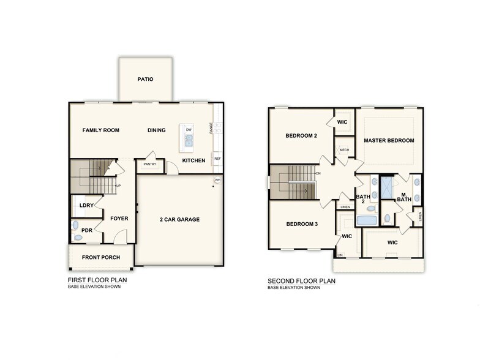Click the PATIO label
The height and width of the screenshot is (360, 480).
pyautogui.click(x=145, y=80)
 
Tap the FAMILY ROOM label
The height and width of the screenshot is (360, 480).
pyautogui.click(x=101, y=130)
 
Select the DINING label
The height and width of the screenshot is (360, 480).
pyautogui.click(x=157, y=130)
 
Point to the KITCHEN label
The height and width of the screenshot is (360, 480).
pyautogui.click(x=193, y=160)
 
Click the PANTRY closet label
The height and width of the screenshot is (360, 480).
pyautogui.click(x=150, y=164)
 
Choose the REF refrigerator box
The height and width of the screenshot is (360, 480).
pyautogui.click(x=217, y=159)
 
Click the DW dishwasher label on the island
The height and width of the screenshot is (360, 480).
pyautogui.click(x=189, y=130)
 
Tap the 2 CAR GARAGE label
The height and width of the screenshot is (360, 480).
pyautogui.click(x=180, y=219)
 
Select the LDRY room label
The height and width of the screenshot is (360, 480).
pyautogui.click(x=86, y=205)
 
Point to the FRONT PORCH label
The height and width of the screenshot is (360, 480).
pyautogui.click(x=101, y=257)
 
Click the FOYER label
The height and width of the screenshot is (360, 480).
pyautogui.click(x=119, y=218)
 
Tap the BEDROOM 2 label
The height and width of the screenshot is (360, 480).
pyautogui.click(x=301, y=135)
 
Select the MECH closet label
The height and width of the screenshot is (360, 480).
pyautogui.click(x=344, y=149)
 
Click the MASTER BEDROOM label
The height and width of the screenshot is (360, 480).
pyautogui.click(x=389, y=140)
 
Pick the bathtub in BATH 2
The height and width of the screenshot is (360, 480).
pyautogui.click(x=367, y=220)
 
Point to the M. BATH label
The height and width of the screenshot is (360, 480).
pyautogui.click(x=403, y=197)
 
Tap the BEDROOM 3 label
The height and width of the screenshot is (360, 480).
pyautogui.click(x=302, y=223)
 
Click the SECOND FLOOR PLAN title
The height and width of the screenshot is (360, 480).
pyautogui.click(x=302, y=281)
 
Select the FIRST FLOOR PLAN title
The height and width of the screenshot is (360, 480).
pyautogui.click(x=97, y=280)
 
